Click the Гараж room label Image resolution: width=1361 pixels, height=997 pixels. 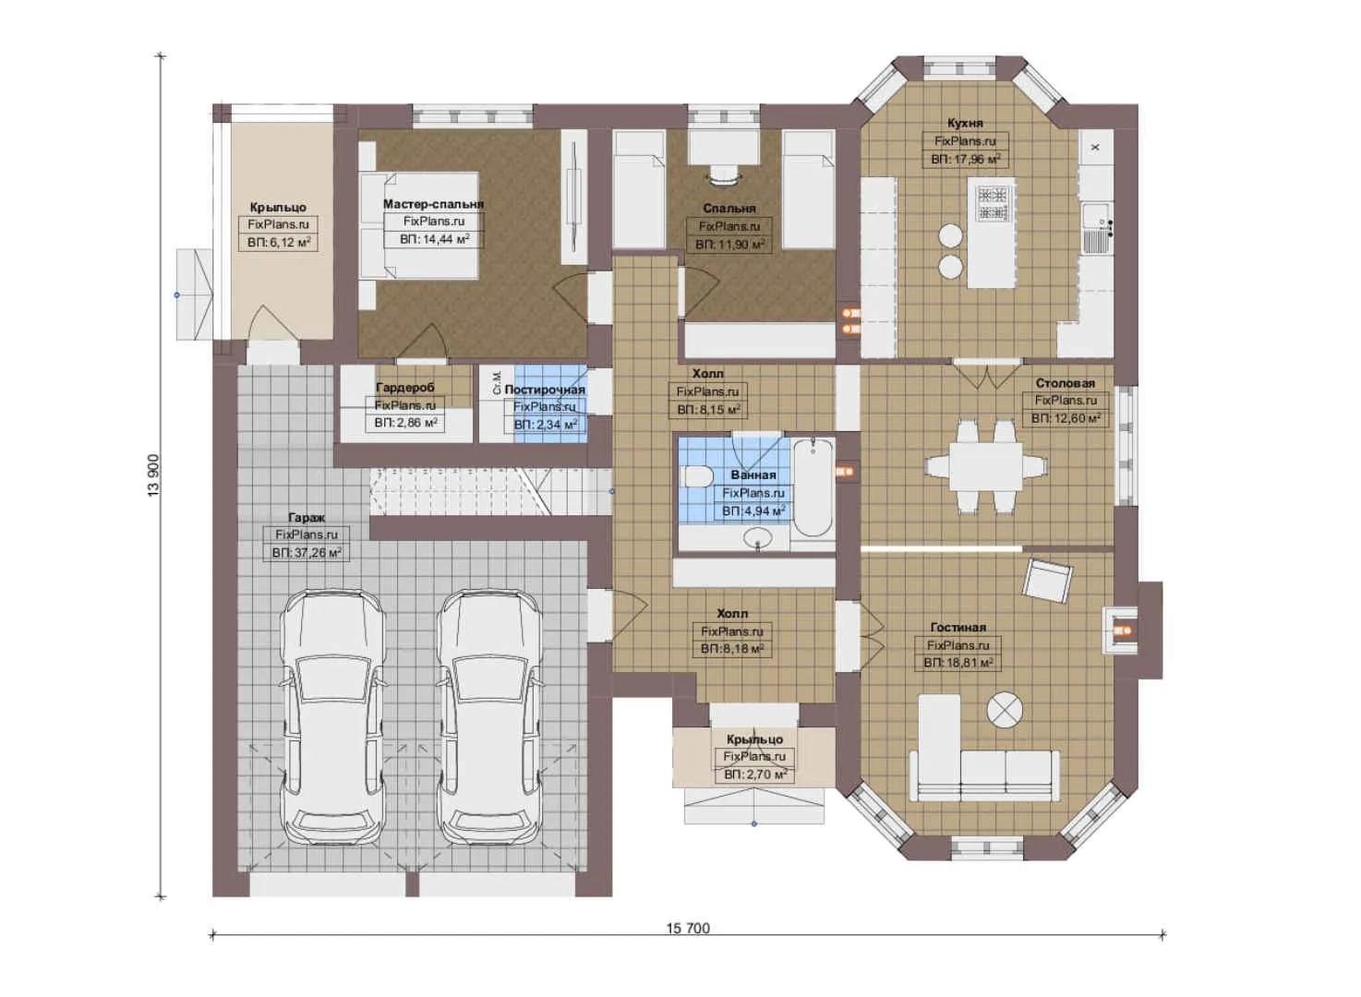coord(306,518)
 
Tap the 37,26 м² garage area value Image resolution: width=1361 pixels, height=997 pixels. coord(307,553)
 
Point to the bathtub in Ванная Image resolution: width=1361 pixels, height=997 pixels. coord(813,486)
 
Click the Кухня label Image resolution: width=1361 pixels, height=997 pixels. coord(965,123)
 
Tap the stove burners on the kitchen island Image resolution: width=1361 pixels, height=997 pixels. coord(993,203)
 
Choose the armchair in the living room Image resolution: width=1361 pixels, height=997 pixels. coord(1047,580)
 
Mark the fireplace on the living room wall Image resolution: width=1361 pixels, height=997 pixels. coord(1126,631)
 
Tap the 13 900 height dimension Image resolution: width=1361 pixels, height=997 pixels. coord(153,475)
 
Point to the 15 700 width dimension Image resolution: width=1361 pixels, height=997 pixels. coord(688,928)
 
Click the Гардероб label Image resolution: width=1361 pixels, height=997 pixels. coord(404,388)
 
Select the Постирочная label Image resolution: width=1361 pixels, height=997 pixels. coord(545,390)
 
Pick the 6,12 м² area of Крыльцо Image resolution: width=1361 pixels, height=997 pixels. coord(279,243)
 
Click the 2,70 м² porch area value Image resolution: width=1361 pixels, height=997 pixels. coord(755,775)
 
